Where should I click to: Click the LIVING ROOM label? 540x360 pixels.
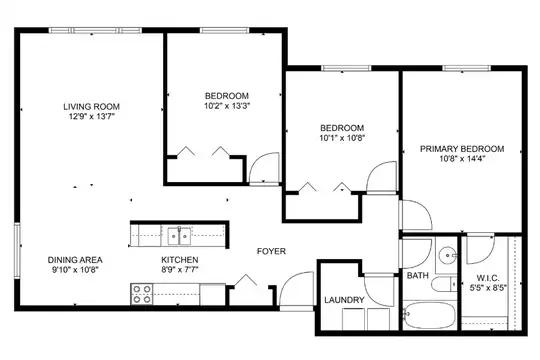click(91, 106)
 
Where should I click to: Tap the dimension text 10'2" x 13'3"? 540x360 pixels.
click(227, 106)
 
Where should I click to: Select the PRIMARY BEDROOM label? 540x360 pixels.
click(462, 149)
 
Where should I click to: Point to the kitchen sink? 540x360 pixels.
click(179, 236)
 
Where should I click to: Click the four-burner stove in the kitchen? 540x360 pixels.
click(142, 294)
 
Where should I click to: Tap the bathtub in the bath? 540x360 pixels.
click(430, 315)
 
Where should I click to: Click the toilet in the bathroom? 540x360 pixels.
click(444, 284)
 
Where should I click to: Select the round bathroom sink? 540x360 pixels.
click(447, 255)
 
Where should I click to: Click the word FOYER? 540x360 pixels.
click(271, 251)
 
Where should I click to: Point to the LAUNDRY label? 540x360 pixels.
click(344, 300)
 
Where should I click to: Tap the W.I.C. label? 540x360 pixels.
click(488, 278)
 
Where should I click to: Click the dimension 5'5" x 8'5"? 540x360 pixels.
click(488, 288)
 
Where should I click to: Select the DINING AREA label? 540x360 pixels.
click(75, 260)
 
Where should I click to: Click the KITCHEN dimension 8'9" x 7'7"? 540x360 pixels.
click(180, 269)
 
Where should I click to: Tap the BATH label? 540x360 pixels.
click(418, 276)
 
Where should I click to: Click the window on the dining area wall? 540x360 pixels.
click(17, 250)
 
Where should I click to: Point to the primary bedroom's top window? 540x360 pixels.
click(467, 68)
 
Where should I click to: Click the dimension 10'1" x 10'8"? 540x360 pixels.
click(342, 138)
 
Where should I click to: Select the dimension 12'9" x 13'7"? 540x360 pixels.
click(92, 116)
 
